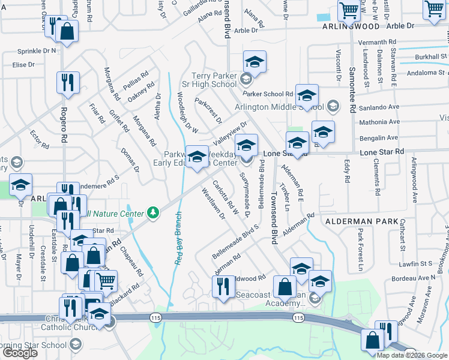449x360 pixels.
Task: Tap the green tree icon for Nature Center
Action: [x=154, y=212]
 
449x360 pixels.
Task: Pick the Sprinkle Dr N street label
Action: [x=37, y=50]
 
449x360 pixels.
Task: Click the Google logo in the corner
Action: [x=20, y=353]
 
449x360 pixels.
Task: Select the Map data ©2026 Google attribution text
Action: [x=412, y=355]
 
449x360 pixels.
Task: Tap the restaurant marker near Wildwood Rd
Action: [x=222, y=286]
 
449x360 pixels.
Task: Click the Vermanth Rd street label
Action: [x=377, y=42]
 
